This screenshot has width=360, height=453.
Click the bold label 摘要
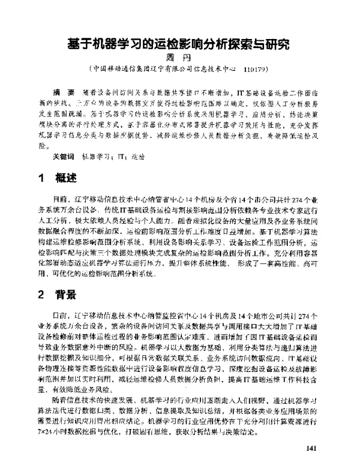pos(62,91)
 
